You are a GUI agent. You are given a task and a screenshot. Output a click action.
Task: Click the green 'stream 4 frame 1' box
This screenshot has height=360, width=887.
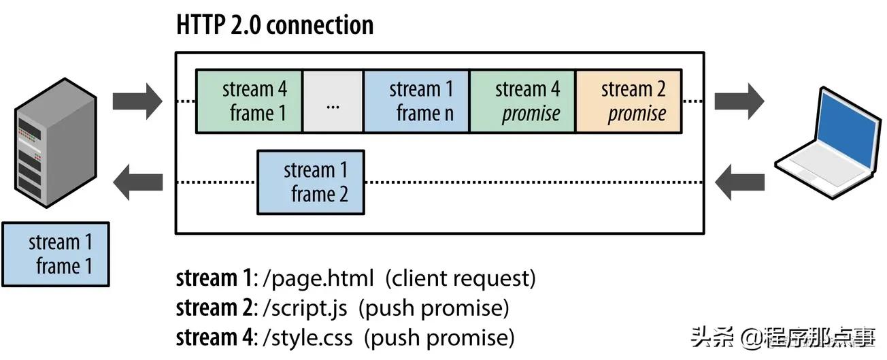point(249,101)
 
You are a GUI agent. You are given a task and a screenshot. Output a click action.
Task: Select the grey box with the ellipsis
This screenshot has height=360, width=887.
point(333,101)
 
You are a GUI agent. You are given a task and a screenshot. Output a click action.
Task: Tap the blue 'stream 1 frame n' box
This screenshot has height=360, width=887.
point(416,101)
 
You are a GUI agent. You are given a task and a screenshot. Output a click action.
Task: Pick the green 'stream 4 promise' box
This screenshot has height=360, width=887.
point(522,101)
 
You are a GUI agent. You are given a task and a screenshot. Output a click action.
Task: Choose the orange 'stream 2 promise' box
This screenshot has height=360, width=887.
point(629,101)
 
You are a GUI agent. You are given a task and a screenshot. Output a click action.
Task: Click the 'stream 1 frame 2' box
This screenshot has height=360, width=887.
point(311,182)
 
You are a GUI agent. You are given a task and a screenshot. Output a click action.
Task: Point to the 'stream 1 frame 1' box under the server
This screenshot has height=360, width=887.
point(55,254)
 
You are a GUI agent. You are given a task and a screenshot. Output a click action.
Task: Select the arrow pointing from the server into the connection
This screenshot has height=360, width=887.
point(137,101)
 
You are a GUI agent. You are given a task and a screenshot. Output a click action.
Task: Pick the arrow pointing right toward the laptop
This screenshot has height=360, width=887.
point(739,101)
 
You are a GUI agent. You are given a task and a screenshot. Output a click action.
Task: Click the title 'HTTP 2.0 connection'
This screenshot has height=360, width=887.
point(275,26)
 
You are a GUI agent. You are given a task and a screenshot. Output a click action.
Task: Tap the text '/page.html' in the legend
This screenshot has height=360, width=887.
point(318,279)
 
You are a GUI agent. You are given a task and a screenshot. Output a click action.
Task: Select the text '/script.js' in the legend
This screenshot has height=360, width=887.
point(305,308)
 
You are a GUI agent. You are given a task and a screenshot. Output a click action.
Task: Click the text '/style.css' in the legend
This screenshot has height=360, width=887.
point(308,338)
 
